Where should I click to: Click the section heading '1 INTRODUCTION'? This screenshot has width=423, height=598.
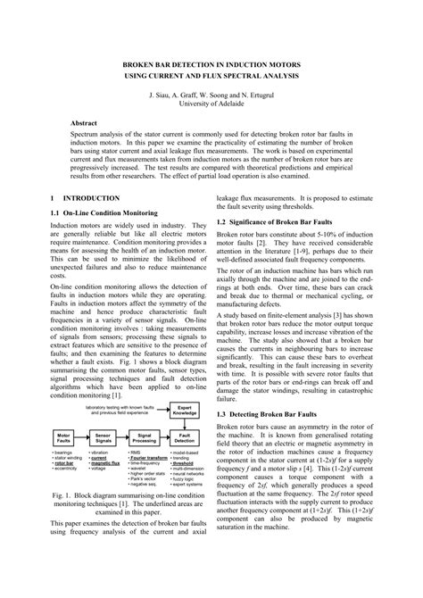(85, 197)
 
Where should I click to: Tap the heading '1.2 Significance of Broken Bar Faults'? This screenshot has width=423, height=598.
(282, 220)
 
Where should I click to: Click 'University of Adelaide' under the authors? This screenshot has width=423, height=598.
(211, 103)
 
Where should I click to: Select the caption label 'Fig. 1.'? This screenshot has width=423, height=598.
(65, 519)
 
